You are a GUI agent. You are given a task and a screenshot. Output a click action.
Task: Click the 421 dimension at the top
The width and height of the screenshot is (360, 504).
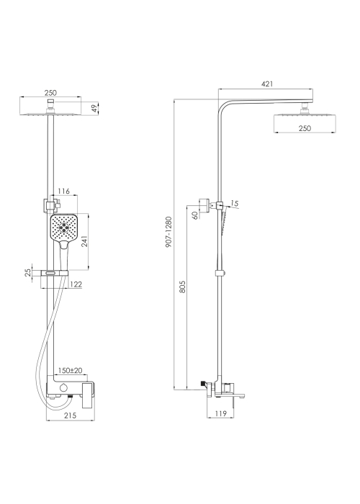(267, 84)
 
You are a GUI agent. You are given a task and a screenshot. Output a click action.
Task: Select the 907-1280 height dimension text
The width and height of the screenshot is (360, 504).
(168, 232)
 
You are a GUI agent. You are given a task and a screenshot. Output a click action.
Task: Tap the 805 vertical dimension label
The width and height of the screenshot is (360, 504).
(182, 287)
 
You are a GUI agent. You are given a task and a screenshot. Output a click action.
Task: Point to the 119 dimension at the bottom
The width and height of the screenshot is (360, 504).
(220, 413)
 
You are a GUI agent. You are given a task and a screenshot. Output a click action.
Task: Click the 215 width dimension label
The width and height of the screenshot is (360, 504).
(70, 415)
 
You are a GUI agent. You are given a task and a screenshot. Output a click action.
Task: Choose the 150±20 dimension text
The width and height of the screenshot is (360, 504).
(70, 371)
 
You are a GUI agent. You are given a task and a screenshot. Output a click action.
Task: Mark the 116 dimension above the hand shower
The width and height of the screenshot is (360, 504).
(63, 192)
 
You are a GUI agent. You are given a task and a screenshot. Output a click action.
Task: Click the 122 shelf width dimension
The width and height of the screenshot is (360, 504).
(76, 284)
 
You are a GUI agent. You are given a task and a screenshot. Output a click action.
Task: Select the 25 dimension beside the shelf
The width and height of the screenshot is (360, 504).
(28, 273)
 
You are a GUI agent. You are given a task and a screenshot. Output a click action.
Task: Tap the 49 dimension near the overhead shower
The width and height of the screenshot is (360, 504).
(95, 109)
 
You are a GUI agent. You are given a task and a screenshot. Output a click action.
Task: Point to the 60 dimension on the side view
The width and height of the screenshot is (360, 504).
(195, 215)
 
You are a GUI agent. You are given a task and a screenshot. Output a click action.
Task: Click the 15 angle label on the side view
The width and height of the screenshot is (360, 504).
(234, 204)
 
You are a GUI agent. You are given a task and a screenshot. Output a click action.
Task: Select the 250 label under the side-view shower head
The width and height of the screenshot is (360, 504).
(305, 128)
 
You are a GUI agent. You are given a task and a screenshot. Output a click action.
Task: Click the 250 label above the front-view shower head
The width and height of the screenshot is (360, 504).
(50, 93)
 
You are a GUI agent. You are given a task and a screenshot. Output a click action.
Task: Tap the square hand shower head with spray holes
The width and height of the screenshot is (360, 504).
(64, 228)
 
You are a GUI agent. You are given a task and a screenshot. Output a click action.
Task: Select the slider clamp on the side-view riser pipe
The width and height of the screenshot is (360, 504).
(220, 273)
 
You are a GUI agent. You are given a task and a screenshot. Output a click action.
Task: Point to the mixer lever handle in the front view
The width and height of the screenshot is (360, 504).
(88, 395)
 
